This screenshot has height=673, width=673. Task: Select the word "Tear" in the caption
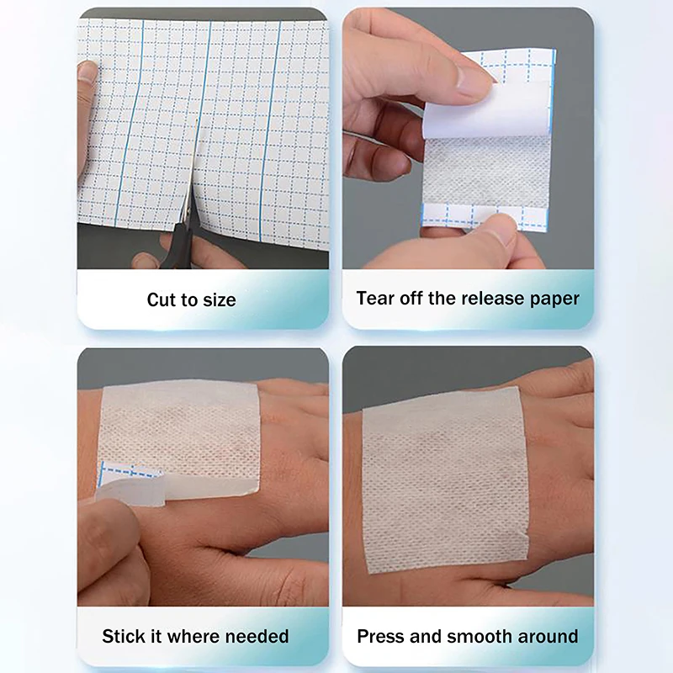click(x=375, y=298)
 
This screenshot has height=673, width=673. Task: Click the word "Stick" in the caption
click(x=124, y=635)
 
